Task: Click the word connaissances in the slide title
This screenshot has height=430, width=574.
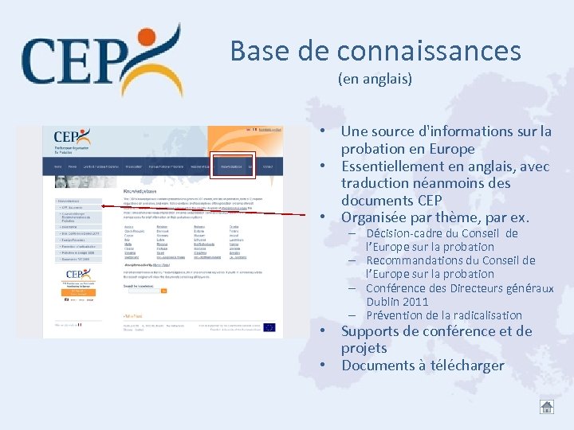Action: point(429,51)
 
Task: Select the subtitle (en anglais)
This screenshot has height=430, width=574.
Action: point(375,79)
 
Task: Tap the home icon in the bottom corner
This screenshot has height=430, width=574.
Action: point(546,406)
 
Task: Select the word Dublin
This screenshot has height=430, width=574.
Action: point(385,302)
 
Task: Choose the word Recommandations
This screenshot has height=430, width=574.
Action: point(417,260)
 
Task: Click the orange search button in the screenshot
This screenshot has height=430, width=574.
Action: point(164,291)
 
